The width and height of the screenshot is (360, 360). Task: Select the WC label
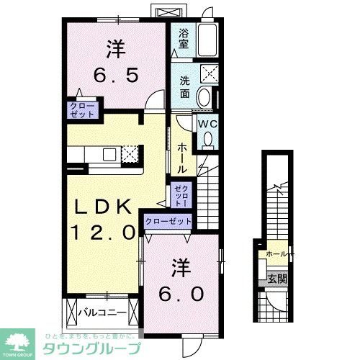pos(207,122)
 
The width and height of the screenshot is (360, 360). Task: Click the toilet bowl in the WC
pos(208,139)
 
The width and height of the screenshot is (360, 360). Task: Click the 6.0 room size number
pos(181,292)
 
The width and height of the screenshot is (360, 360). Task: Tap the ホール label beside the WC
pos(181,156)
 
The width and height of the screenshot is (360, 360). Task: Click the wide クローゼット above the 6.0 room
pos(168,222)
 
